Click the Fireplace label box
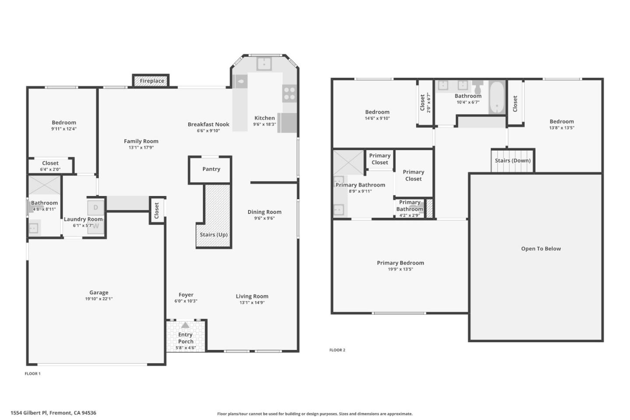pos(151,81)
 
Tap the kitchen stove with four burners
pos(289,93)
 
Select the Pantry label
pos(211,169)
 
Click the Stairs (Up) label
pos(213,235)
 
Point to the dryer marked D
pos(96,207)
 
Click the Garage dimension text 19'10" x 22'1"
pos(99,299)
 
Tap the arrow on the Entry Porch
pos(185,325)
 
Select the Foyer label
pos(186,295)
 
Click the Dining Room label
pos(264,212)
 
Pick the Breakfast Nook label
pos(208,125)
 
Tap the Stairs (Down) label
pos(512,161)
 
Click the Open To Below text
pos(541,249)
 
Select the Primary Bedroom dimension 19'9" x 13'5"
pos(400,269)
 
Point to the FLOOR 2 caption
pos(337,350)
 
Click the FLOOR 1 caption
pos(32,374)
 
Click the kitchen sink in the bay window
pos(264,64)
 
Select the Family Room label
pos(141,141)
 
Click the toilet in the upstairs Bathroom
pos(477,84)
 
